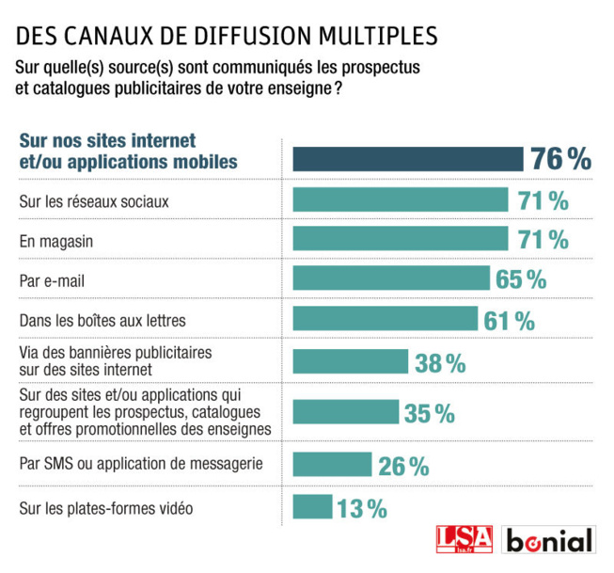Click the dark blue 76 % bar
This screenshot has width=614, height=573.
(x=407, y=159)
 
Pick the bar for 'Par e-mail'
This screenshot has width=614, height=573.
(x=391, y=279)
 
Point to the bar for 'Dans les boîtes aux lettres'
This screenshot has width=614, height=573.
(x=386, y=320)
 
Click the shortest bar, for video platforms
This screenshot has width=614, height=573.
(x=312, y=507)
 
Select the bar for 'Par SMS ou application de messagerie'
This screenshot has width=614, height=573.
(x=334, y=465)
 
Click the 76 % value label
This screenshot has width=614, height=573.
(x=561, y=159)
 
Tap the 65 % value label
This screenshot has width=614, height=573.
(x=522, y=279)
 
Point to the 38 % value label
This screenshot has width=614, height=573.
(x=440, y=363)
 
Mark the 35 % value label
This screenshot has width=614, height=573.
(x=429, y=413)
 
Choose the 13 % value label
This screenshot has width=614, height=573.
(x=362, y=509)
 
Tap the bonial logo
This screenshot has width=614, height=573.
(x=550, y=541)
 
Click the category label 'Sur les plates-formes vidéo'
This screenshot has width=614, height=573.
(x=106, y=508)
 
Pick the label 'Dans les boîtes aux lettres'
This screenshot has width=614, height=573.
(x=102, y=320)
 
